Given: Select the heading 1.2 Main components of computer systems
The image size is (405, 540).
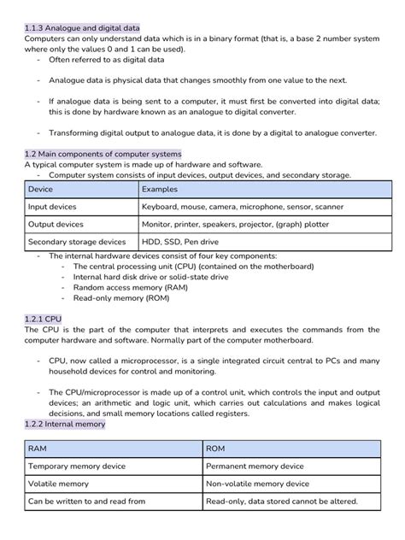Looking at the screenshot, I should (103, 153).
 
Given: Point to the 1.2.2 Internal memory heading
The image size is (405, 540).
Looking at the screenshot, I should (65, 423).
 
